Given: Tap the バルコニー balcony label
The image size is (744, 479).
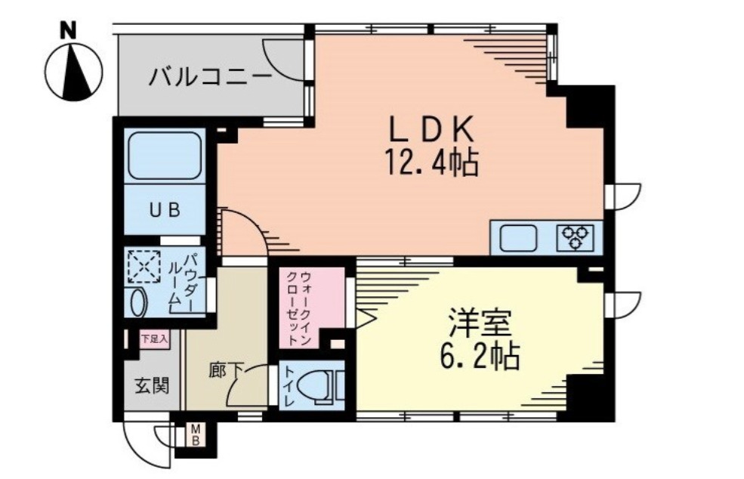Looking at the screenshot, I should [209, 77].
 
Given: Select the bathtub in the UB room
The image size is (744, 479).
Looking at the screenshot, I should [164, 157].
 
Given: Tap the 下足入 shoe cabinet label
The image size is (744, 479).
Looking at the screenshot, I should [153, 339].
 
